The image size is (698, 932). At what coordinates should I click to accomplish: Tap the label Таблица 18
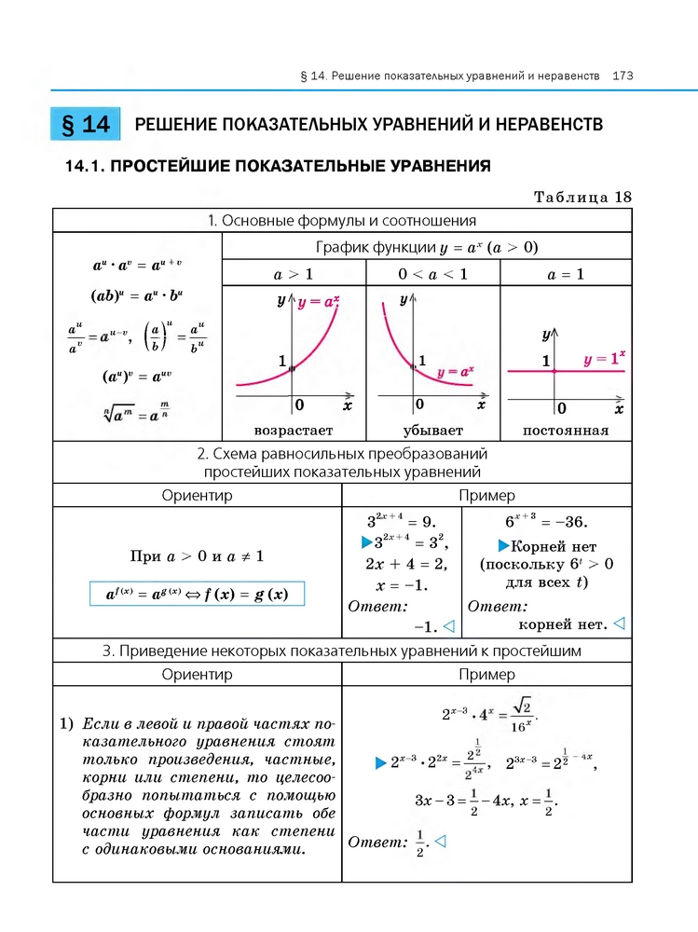pyautogui.click(x=582, y=197)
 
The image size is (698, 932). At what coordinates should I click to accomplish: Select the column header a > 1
pyautogui.click(x=294, y=274)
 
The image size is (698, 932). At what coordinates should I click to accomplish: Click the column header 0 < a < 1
pyautogui.click(x=432, y=274)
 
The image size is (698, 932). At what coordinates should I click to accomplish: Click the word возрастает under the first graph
pyautogui.click(x=294, y=431)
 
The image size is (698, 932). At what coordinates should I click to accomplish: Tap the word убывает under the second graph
pyautogui.click(x=432, y=431)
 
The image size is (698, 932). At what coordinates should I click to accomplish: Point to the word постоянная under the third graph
pyautogui.click(x=566, y=431)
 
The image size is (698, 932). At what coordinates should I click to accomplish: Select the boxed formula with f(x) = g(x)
pyautogui.click(x=197, y=594)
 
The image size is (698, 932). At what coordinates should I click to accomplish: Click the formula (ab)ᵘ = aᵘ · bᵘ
pyautogui.click(x=137, y=297)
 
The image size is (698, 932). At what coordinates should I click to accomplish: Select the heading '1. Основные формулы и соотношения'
pyautogui.click(x=342, y=221)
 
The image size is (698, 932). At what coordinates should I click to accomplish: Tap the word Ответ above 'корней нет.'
pyautogui.click(x=499, y=606)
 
